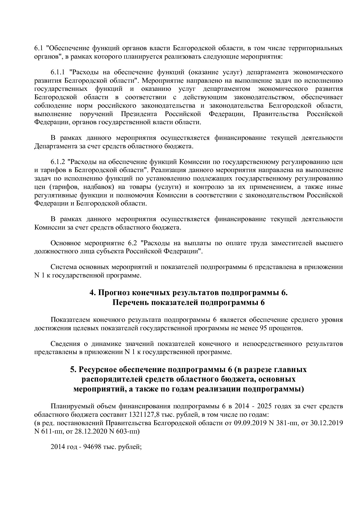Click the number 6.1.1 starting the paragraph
click(58, 72)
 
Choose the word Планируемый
click(70, 406)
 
